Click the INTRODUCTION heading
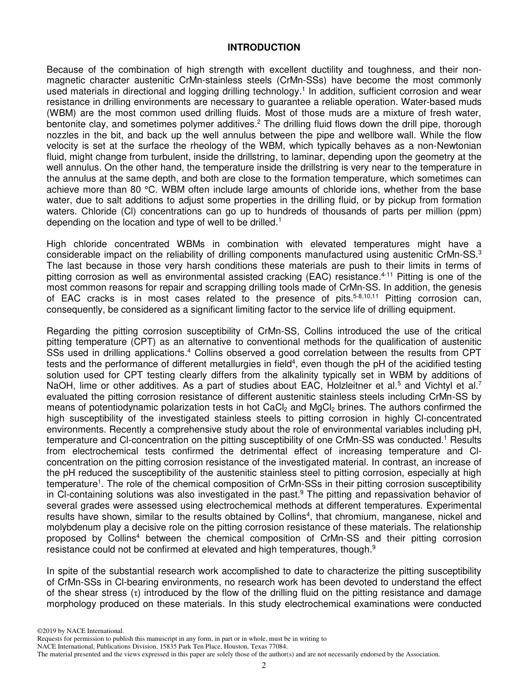263,48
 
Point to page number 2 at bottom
264,665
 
